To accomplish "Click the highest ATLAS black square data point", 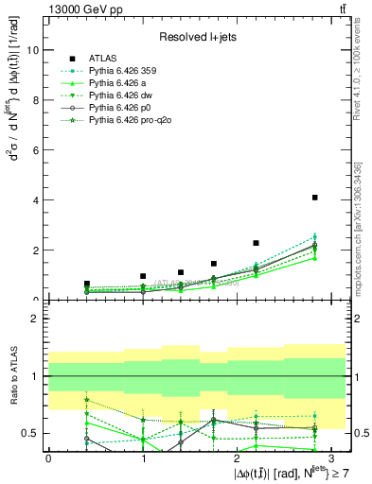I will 314,198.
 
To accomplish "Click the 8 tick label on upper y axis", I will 37,100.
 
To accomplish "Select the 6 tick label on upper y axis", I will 37,150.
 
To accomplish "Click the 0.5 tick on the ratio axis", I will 32,433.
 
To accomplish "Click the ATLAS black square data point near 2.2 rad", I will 256,243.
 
